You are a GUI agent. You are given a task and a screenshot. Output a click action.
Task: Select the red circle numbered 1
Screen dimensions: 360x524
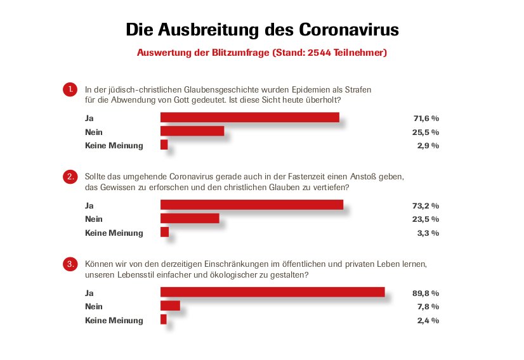(x=70, y=90)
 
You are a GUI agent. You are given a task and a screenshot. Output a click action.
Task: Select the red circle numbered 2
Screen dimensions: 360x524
(x=70, y=177)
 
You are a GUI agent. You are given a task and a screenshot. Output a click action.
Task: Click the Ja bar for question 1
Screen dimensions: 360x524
(x=249, y=117)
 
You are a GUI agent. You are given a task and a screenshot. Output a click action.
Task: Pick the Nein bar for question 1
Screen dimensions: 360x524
(x=192, y=131)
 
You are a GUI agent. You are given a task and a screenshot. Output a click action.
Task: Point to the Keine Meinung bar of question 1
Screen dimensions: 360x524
(x=164, y=145)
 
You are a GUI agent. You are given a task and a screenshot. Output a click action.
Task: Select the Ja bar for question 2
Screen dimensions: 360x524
(x=251, y=205)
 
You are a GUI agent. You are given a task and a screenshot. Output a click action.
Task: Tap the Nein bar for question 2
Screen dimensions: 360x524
(x=190, y=219)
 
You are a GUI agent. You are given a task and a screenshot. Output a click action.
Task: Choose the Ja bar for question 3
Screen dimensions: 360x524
(x=272, y=292)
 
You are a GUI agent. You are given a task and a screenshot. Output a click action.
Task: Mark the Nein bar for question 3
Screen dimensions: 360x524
(x=170, y=306)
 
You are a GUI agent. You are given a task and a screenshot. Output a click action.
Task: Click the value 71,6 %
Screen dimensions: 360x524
(x=426, y=118)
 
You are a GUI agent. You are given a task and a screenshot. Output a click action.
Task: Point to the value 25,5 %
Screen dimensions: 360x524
(x=426, y=132)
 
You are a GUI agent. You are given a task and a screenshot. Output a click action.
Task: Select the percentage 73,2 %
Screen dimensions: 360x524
(x=426, y=205)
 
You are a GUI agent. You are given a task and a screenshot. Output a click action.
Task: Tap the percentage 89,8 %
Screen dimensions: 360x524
(x=426, y=293)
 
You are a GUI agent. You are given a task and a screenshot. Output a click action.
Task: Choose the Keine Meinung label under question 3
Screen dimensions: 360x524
(x=114, y=321)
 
